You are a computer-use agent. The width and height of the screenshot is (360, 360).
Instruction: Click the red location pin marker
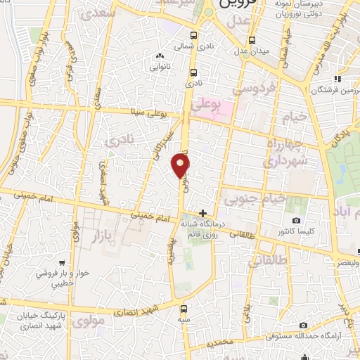181,165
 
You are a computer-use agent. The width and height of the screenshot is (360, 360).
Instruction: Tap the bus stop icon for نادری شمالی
193,36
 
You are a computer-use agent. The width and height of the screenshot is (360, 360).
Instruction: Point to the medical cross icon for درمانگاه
202,213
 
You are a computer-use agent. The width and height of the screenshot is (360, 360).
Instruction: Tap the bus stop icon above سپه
184,308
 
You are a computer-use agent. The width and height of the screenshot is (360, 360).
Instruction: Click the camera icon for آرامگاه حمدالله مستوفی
303,326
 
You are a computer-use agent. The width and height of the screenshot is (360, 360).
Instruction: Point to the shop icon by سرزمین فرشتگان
337,78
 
